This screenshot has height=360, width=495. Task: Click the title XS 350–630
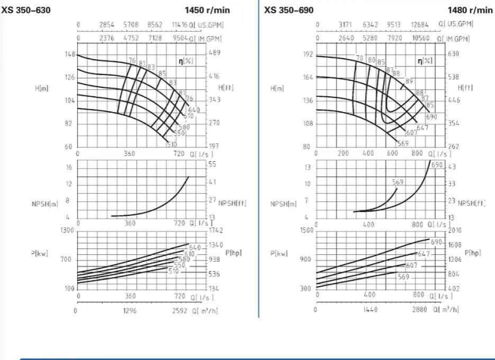pyautogui.click(x=27, y=11)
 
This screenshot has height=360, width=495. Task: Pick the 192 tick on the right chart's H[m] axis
pyautogui.click(x=308, y=54)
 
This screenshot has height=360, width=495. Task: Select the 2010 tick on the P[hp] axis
pyautogui.click(x=457, y=230)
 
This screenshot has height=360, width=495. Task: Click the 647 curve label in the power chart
pyautogui.click(x=424, y=254)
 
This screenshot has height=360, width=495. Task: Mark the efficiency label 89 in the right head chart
pyautogui.click(x=409, y=82)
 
